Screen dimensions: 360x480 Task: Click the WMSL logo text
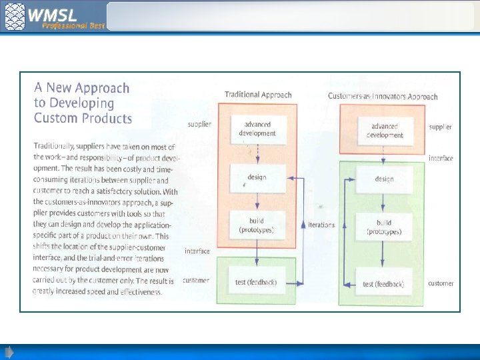[53, 13]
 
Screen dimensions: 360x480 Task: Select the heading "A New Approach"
[82, 88]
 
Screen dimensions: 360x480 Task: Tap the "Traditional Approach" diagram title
[258, 95]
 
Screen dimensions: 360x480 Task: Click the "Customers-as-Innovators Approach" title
[383, 96]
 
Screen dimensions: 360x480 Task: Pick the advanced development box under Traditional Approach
[259, 129]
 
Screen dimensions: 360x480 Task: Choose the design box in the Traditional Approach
[257, 177]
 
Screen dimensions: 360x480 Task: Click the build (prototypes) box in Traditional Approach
[257, 225]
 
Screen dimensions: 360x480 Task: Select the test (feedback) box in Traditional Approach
[256, 282]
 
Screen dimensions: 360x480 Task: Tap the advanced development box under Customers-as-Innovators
[385, 131]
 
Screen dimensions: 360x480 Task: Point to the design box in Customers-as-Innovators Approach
[384, 179]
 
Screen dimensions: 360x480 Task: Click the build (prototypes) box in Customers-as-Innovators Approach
[383, 227]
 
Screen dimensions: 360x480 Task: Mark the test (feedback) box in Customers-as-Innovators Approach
[383, 284]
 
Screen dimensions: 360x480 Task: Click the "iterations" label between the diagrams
[321, 225]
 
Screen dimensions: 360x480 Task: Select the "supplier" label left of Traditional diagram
[199, 124]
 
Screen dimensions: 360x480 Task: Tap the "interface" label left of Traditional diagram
[197, 251]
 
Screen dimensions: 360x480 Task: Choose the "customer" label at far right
[441, 283]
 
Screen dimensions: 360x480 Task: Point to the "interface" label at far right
[441, 158]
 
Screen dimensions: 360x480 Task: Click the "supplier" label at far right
[440, 127]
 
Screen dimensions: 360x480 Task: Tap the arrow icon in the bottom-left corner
[9, 351]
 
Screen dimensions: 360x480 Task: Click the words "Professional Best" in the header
[74, 25]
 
